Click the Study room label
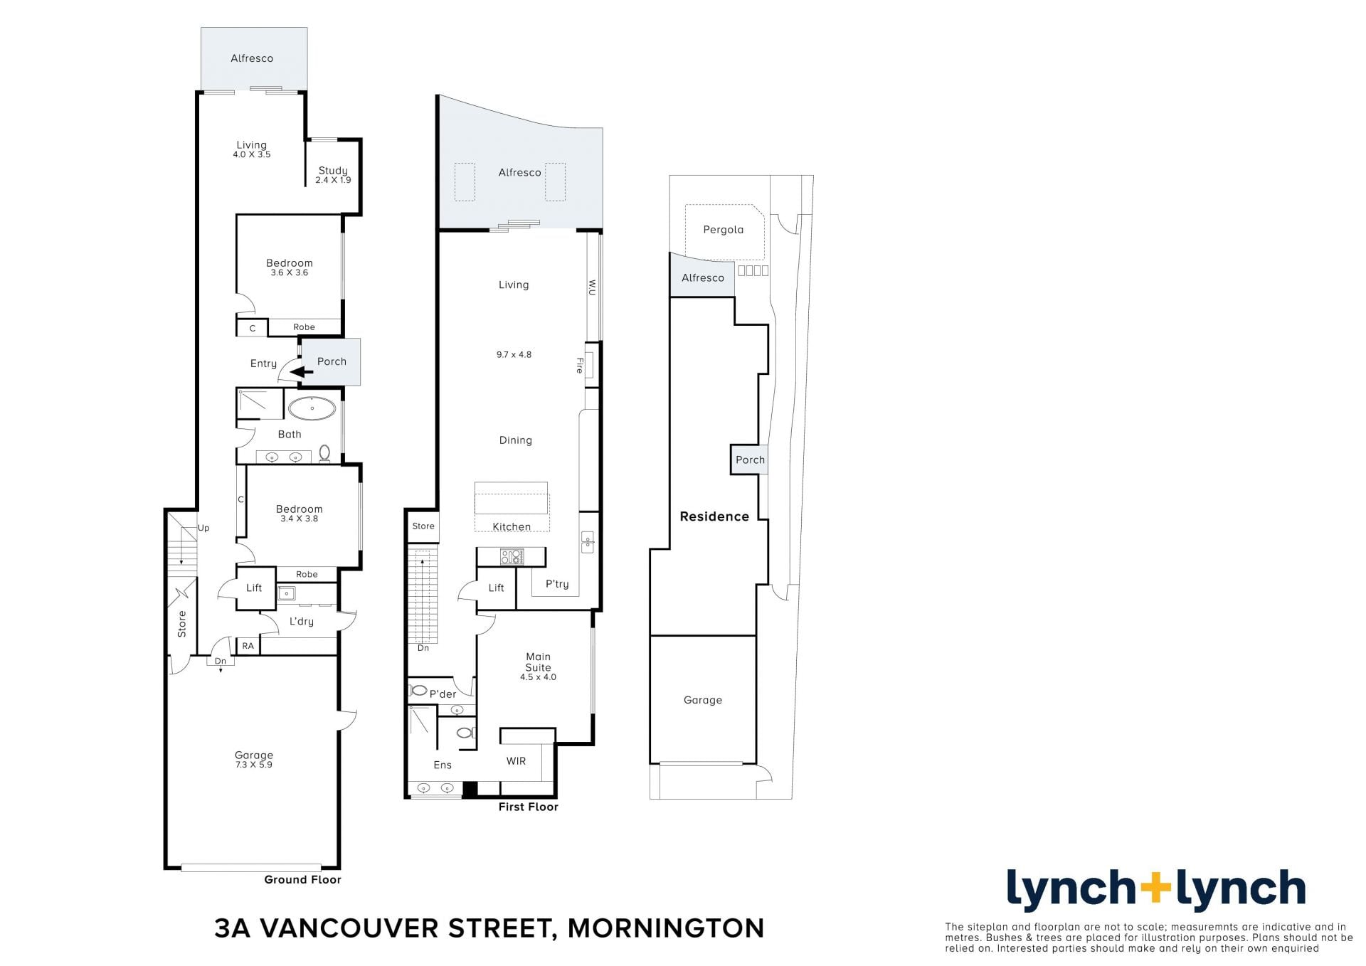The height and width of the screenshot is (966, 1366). (333, 171)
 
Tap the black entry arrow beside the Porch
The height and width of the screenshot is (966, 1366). (302, 371)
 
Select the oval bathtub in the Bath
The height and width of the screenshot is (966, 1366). (312, 408)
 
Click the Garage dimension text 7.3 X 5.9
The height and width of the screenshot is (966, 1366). (254, 765)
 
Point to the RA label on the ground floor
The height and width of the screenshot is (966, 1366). (248, 646)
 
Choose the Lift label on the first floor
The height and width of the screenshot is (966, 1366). (496, 588)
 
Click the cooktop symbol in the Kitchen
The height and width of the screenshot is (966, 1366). (512, 556)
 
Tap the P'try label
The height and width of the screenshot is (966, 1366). (557, 584)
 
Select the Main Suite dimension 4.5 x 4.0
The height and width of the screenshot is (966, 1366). (538, 677)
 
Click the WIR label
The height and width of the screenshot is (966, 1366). (516, 761)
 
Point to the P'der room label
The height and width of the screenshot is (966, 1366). (443, 694)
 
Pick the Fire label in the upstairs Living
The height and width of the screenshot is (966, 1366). (580, 366)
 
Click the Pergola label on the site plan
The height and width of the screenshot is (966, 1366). (723, 230)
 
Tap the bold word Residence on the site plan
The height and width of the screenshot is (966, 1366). (714, 516)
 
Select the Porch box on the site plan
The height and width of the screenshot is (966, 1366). (750, 460)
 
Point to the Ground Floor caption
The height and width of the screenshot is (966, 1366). (302, 880)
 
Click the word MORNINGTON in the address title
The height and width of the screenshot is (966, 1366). (666, 928)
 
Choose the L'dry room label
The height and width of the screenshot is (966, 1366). (301, 622)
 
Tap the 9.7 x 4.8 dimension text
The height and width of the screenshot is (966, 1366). (514, 354)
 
